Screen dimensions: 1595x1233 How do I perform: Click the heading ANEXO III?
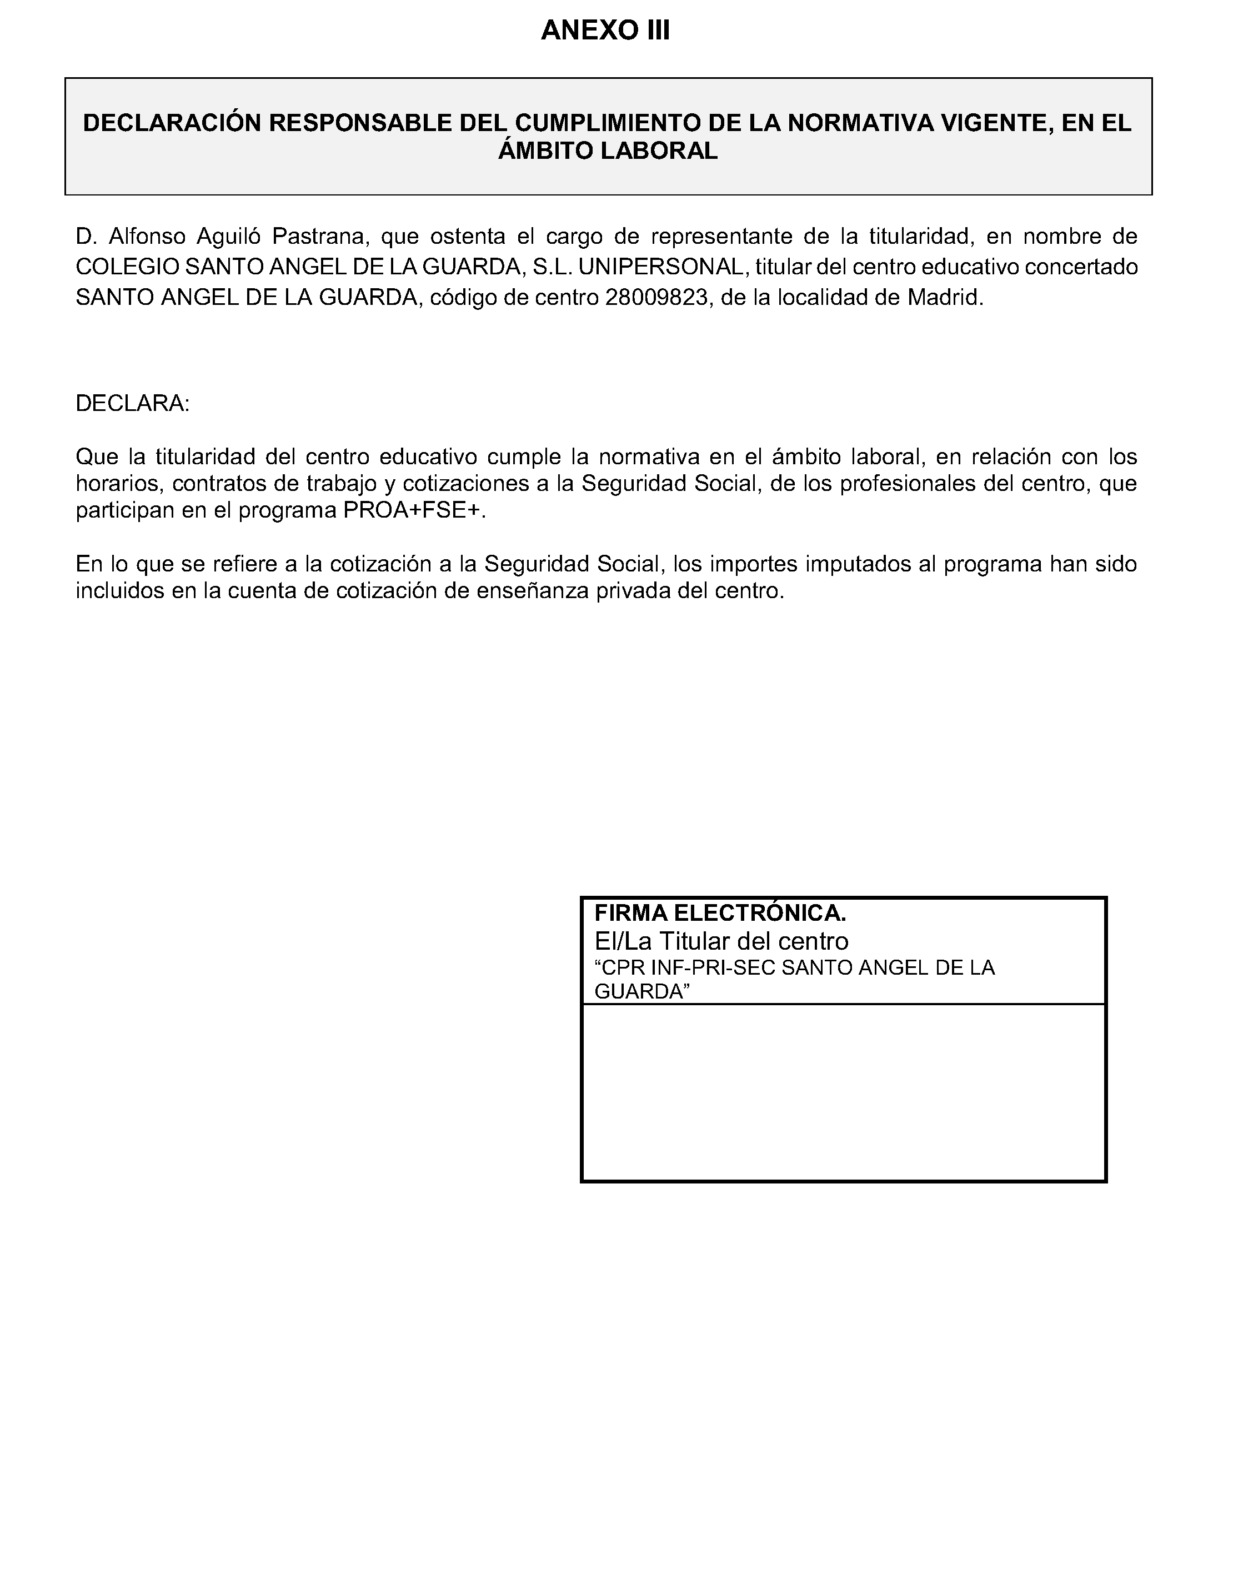605,31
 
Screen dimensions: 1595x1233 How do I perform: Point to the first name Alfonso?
148,237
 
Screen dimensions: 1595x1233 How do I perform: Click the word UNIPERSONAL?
660,267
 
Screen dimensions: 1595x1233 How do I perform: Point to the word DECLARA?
132,404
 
